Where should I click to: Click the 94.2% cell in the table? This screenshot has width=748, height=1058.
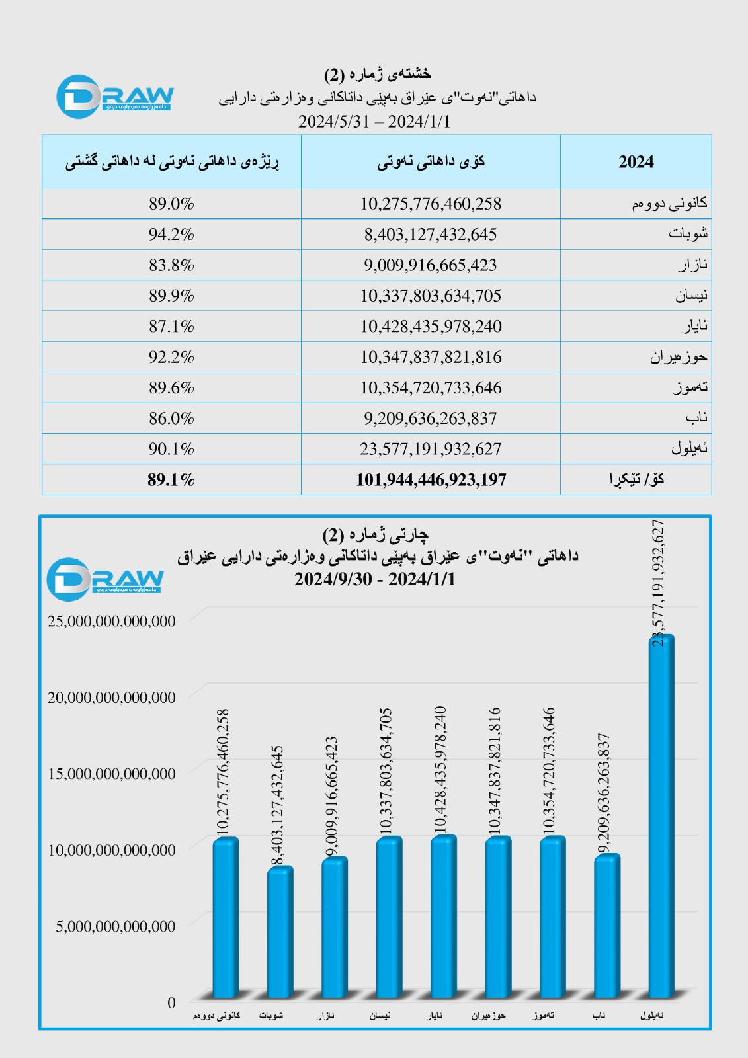(171, 234)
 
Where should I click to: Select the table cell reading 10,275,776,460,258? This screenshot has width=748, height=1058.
(431, 204)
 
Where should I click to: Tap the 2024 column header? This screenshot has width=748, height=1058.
(636, 162)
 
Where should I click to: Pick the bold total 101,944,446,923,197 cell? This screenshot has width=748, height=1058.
(431, 479)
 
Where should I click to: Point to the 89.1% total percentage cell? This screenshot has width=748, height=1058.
(171, 479)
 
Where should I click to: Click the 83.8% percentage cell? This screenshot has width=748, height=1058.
(171, 265)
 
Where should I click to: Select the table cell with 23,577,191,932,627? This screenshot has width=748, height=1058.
(431, 449)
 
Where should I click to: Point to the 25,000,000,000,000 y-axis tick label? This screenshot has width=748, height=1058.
(112, 621)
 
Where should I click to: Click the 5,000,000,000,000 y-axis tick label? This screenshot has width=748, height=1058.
(116, 926)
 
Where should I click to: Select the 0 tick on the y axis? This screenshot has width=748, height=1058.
(171, 1002)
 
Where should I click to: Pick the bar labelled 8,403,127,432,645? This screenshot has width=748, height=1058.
(280, 932)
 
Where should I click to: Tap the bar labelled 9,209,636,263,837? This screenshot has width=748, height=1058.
(606, 926)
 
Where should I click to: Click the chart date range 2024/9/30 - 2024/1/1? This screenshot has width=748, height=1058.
(375, 579)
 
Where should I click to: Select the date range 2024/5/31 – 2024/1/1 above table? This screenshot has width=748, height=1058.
(374, 122)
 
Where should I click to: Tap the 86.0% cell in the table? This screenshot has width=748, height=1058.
(171, 418)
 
